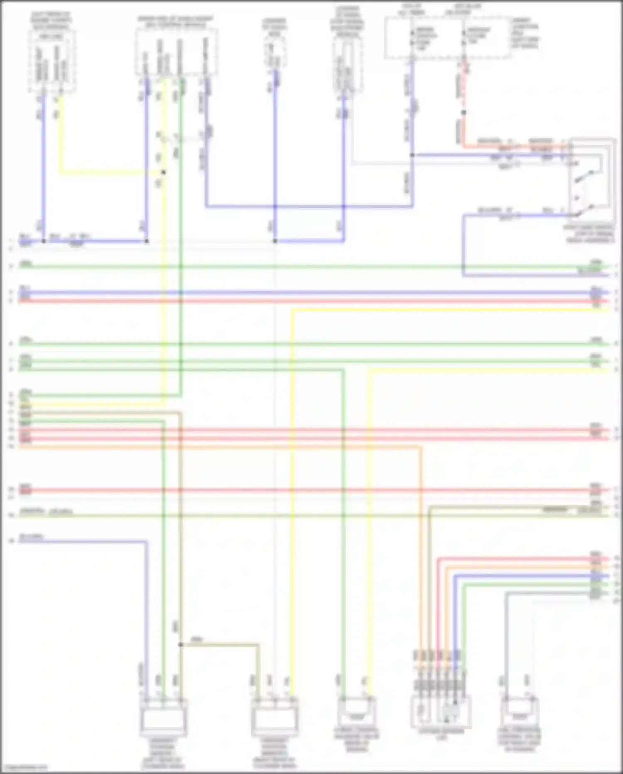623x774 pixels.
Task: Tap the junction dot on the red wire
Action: click(464, 113)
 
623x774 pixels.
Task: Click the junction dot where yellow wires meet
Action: click(164, 172)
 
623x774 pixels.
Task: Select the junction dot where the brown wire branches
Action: click(180, 645)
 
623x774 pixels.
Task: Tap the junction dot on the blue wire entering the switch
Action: click(412, 155)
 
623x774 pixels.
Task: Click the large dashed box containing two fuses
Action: click(447, 37)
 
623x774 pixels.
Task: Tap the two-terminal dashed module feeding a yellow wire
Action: click(52, 62)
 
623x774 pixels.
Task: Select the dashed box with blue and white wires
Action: click(347, 67)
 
